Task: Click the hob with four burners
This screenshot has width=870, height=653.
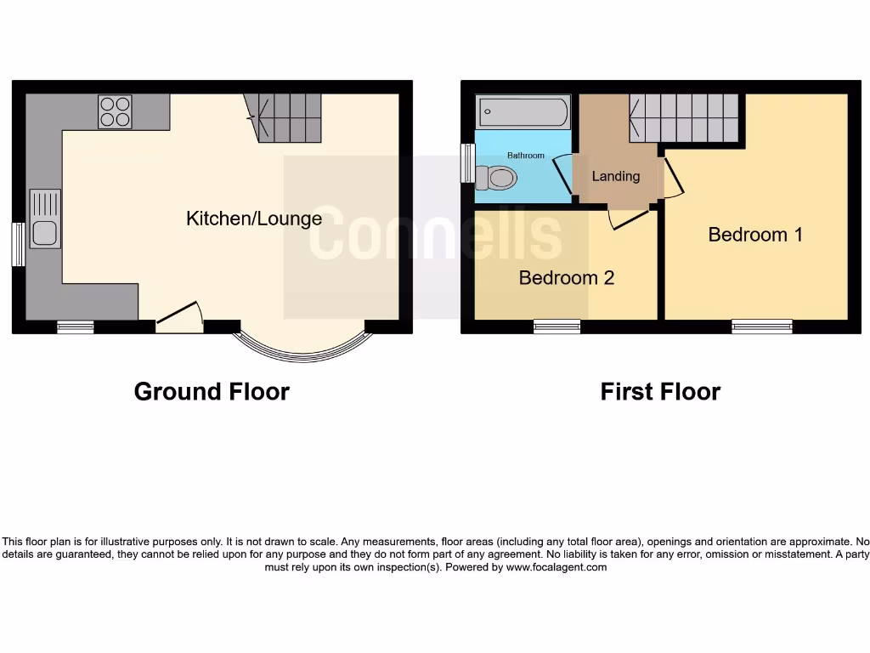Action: coord(115,111)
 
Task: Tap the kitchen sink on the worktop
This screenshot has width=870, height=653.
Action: coord(45,219)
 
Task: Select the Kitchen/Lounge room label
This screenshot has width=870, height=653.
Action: coord(254,219)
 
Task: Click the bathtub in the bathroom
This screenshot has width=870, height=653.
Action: coord(523,111)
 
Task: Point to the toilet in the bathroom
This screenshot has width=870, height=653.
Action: coord(497,178)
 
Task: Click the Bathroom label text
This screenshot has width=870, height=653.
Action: coord(525,156)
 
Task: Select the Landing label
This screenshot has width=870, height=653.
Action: coord(615,176)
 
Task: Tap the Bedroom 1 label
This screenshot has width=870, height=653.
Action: coord(755,234)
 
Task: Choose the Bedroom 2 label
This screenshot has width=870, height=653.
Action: coord(566,277)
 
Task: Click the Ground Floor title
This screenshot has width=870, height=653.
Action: coord(212,391)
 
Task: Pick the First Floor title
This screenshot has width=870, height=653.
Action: coord(660,391)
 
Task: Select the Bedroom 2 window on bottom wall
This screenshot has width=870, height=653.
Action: coord(557,326)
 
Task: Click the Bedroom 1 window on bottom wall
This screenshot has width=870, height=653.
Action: coord(762,326)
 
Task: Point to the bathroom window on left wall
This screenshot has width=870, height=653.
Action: coord(467,162)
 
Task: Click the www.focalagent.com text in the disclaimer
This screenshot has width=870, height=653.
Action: coord(556,567)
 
